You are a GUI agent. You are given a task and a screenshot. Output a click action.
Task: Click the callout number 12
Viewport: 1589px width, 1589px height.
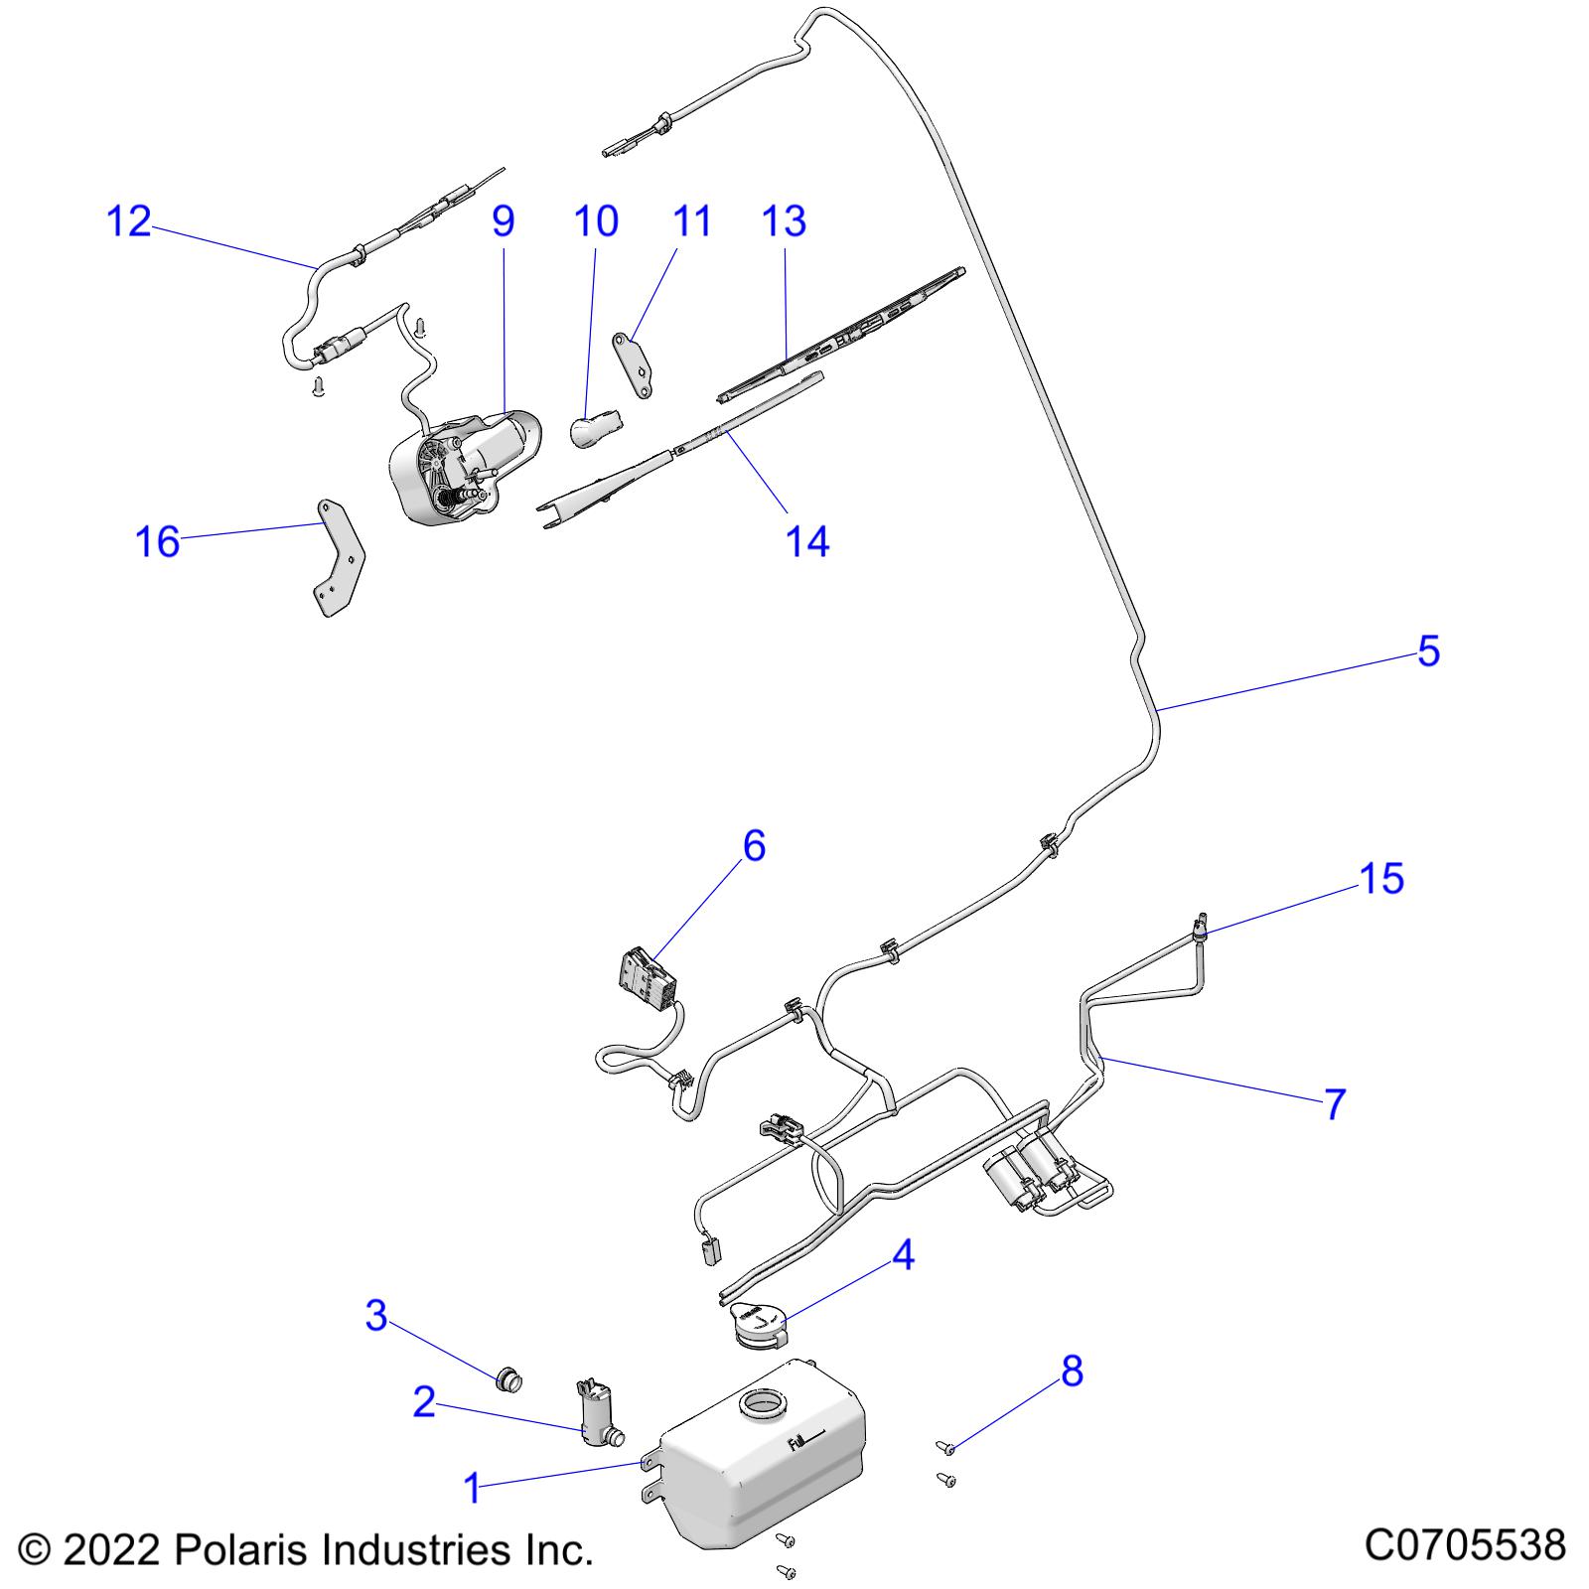tap(128, 221)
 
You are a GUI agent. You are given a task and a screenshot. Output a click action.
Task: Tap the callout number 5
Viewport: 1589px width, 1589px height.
tap(1428, 651)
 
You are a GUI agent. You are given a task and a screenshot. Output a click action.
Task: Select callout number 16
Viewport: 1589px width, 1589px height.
tap(157, 542)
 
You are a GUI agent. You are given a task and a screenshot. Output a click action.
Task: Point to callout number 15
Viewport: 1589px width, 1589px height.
tap(1381, 879)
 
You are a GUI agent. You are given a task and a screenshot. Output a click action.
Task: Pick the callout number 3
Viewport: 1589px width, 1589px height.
tap(376, 1317)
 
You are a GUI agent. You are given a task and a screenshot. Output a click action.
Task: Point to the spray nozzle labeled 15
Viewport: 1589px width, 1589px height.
tap(1200, 927)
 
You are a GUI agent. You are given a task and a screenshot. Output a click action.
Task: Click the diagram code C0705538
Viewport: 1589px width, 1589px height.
tap(1465, 1545)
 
